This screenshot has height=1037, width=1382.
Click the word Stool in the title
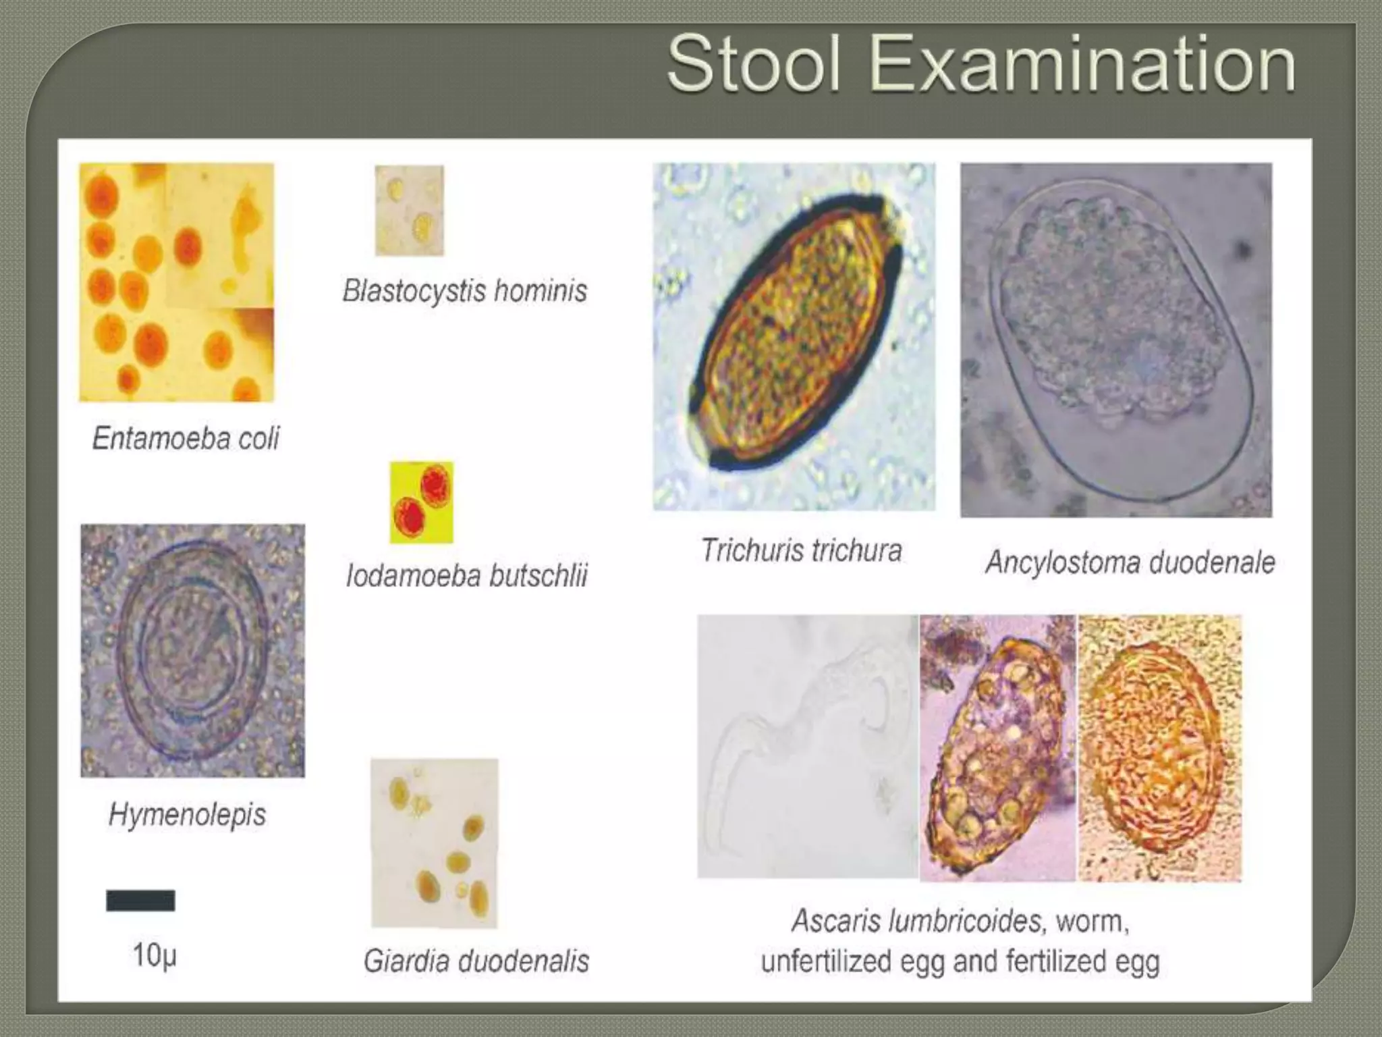(x=754, y=65)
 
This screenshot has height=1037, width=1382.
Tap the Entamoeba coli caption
(x=186, y=438)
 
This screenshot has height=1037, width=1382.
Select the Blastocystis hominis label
(x=465, y=291)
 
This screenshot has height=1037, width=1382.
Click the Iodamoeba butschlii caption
(x=466, y=576)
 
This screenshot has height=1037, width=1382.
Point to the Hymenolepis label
(x=187, y=814)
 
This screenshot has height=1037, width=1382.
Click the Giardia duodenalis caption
(x=476, y=961)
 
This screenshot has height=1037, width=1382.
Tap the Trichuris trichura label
(x=801, y=550)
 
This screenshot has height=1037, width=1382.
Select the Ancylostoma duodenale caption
(x=1130, y=562)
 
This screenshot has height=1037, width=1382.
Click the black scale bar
(x=140, y=901)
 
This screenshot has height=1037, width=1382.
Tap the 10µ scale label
(x=154, y=955)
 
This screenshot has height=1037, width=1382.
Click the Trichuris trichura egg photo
(x=794, y=336)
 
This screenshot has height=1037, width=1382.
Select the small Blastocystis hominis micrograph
(x=409, y=211)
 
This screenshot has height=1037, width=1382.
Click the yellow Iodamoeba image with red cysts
(x=421, y=502)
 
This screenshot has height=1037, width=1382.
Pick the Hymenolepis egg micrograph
(x=192, y=650)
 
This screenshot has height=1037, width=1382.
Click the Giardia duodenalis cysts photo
(x=435, y=843)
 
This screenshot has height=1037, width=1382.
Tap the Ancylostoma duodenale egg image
(x=1116, y=340)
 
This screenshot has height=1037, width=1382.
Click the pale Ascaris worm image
(x=807, y=746)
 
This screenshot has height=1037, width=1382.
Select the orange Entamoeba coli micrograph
(x=177, y=282)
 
